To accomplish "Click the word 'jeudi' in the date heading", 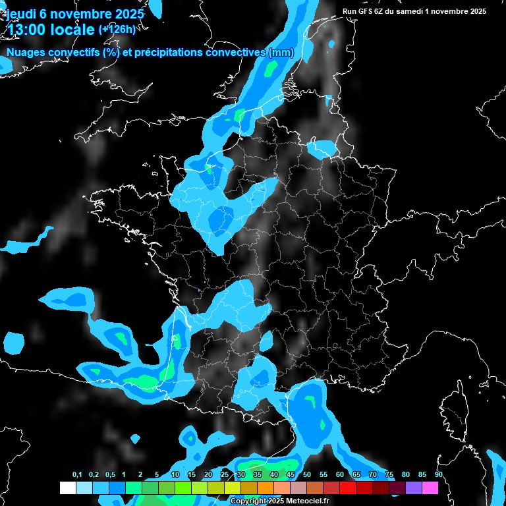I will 21,14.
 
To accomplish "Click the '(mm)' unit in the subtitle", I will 281,53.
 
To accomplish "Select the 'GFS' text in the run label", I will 365,11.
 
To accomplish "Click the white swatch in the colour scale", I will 68,488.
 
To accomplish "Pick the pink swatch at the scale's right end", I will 430,488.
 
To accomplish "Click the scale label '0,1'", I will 76,475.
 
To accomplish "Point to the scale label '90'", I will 438,475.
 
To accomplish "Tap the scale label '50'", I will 307,475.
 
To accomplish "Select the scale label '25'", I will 225,475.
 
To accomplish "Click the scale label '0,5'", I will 109,475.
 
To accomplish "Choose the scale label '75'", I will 389,475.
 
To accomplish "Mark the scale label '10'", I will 175,475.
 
